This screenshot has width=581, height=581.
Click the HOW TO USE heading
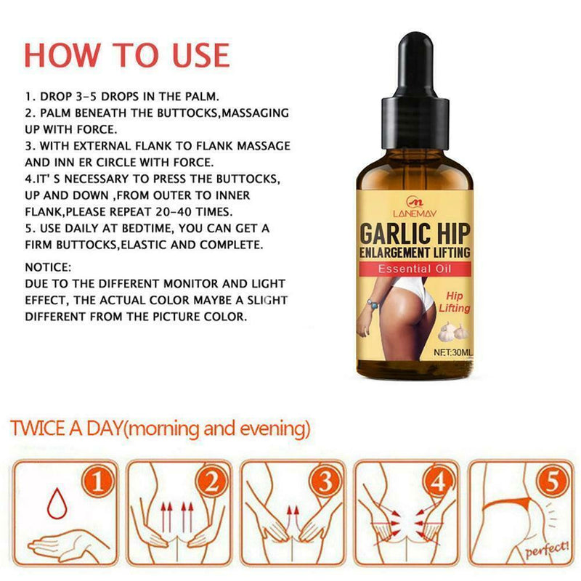(127, 55)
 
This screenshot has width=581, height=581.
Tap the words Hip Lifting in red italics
(455, 302)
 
